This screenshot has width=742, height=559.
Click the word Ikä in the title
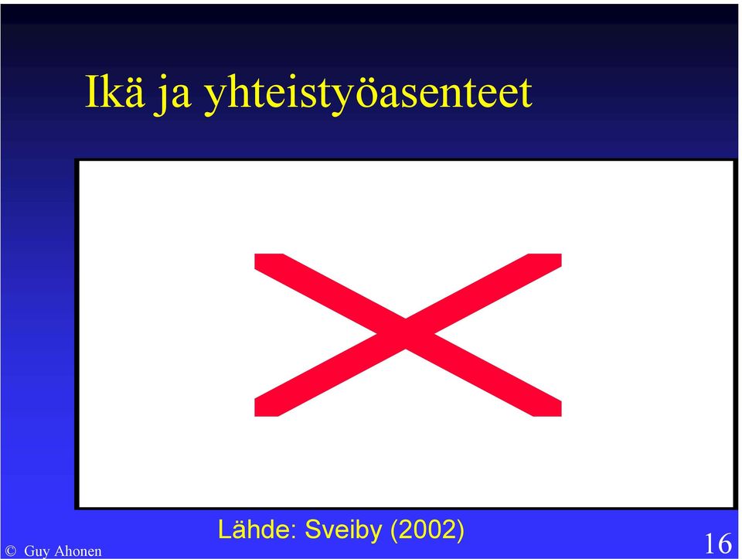pos(114,91)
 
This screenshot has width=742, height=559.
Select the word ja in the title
pos(173,94)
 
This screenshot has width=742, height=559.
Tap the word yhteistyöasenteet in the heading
pos(368,94)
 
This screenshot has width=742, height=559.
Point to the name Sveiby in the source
pos(343,530)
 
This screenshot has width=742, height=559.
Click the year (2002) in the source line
pos(427,530)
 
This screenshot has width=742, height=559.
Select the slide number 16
pos(718,544)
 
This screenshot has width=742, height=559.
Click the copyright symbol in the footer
pos(10,551)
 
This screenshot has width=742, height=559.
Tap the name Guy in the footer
pos(37,552)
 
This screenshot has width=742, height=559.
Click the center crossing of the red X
pos(406,334)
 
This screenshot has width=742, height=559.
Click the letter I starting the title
pos(92,92)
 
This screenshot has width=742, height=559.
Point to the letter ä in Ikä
pos(134,94)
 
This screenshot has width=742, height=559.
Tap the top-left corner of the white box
pos(77,161)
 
